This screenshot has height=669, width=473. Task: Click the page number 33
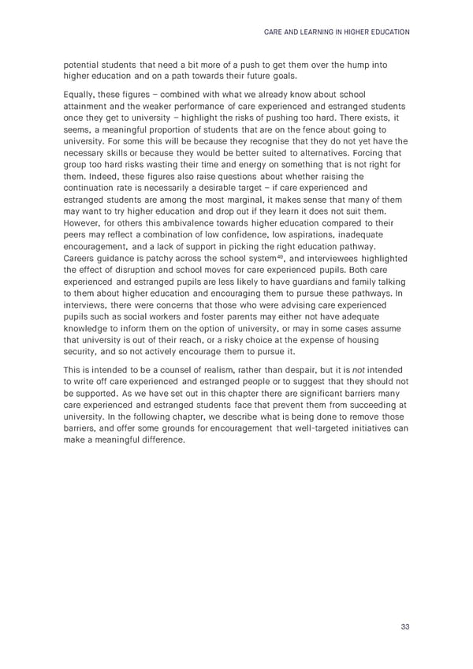click(404, 627)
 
